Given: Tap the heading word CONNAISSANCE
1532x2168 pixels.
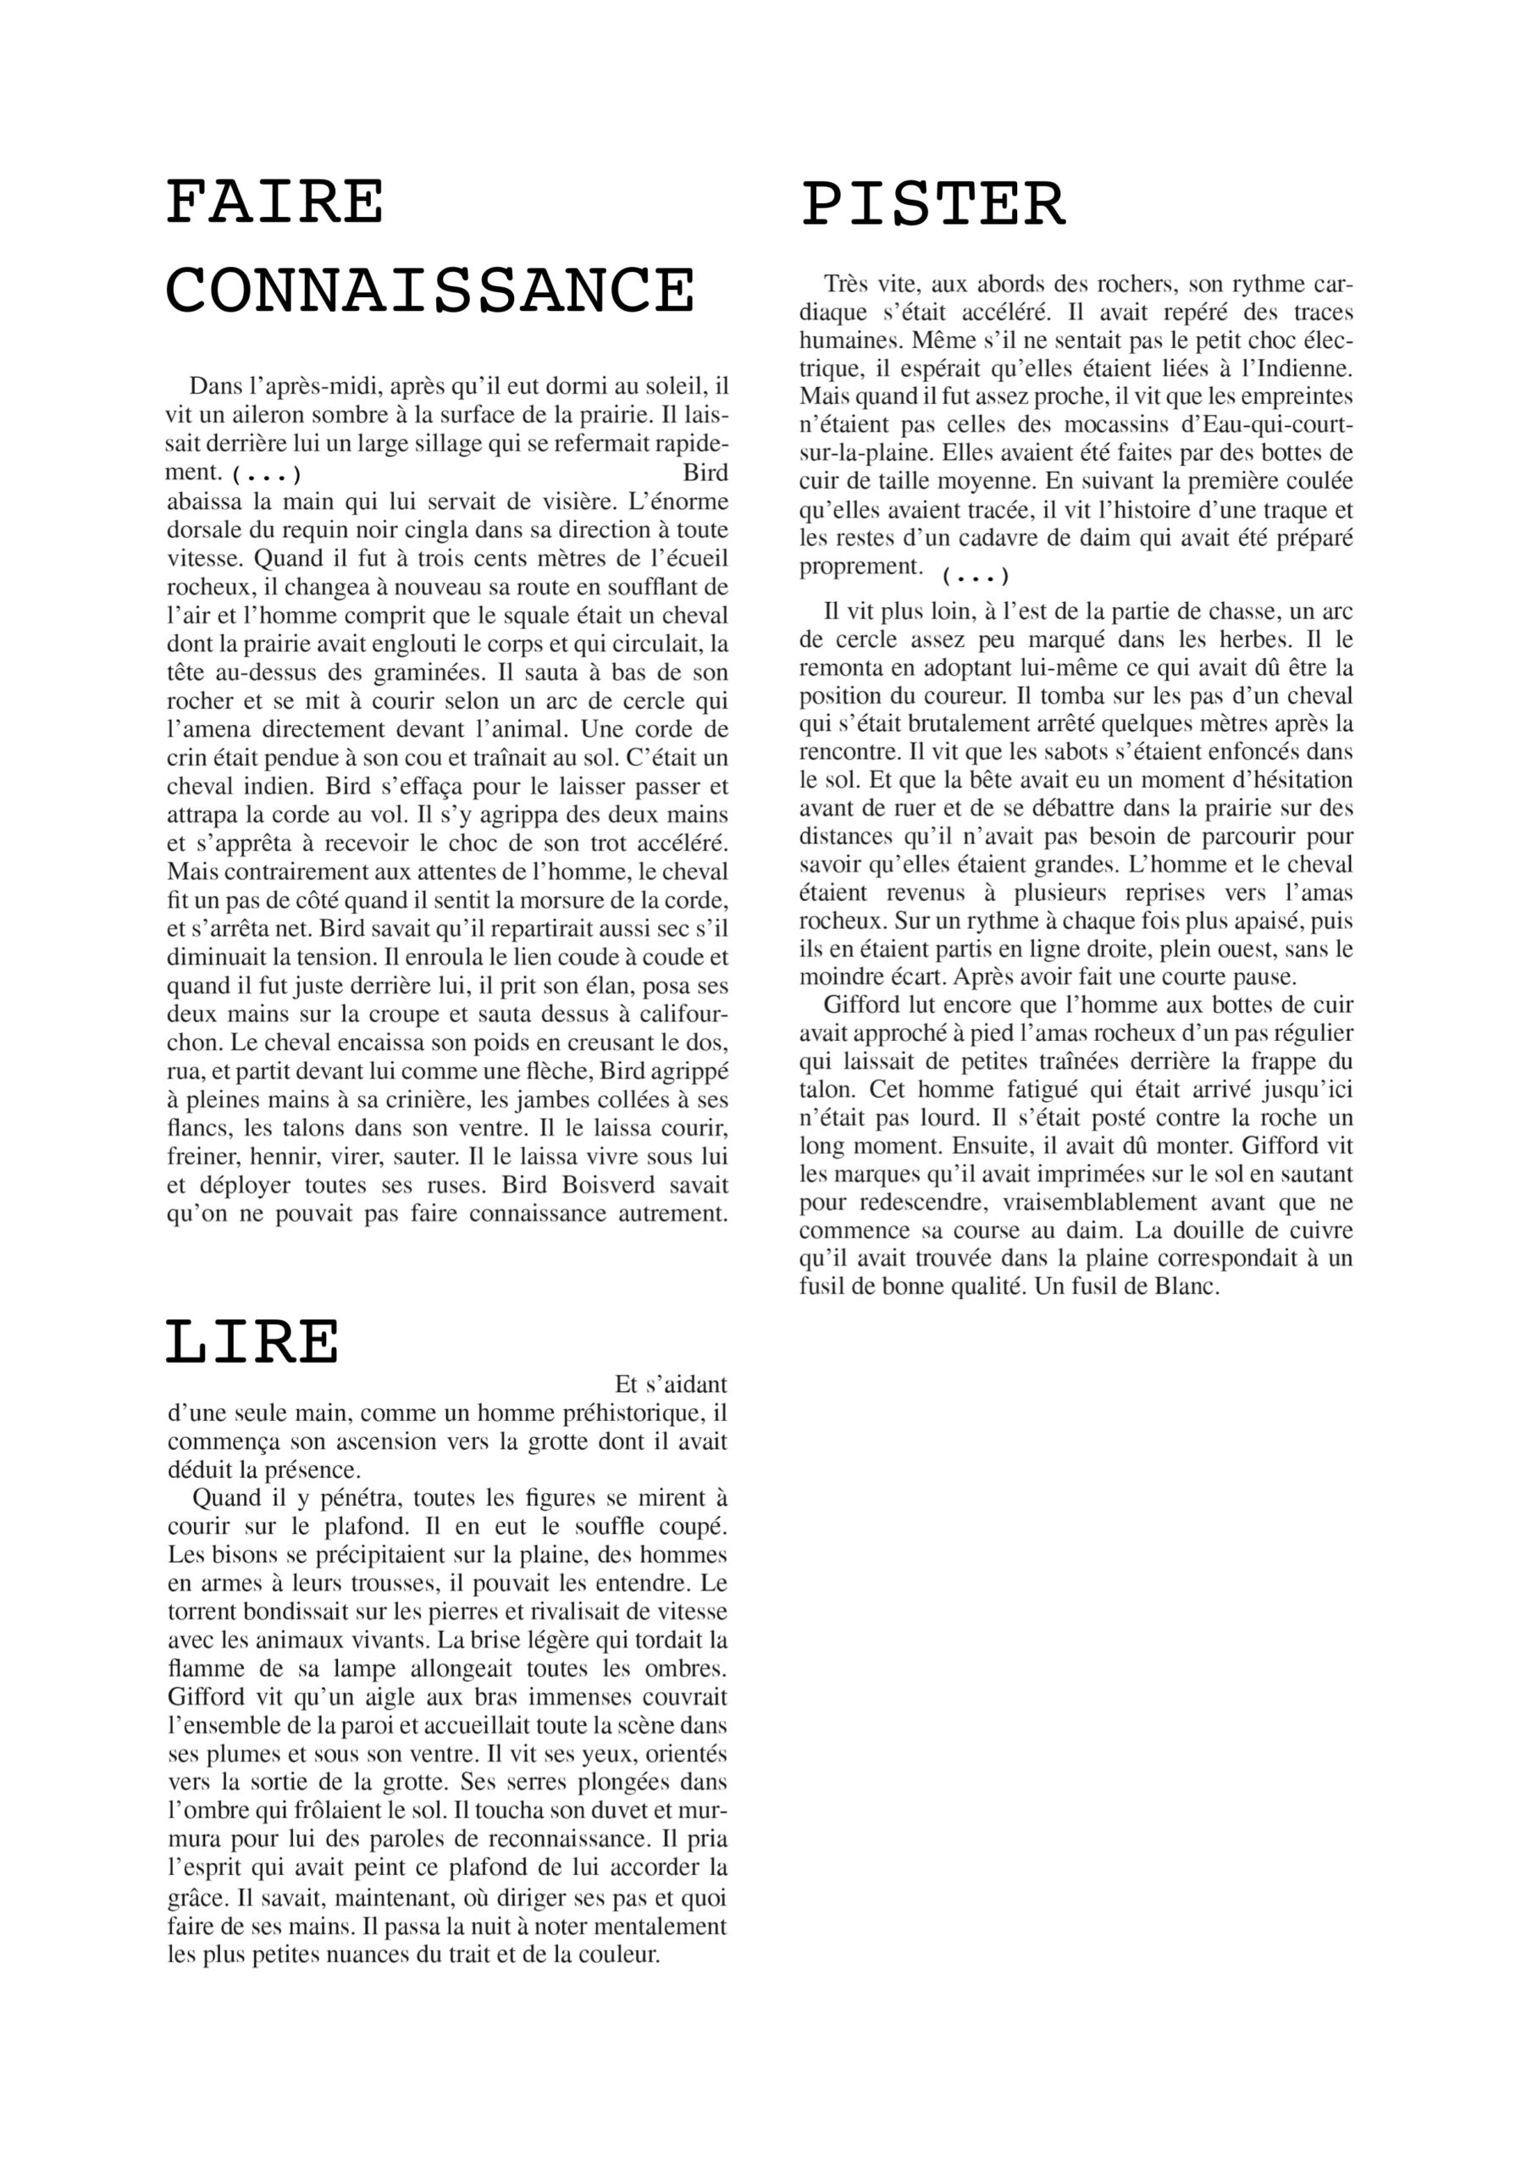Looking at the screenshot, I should [x=429, y=290].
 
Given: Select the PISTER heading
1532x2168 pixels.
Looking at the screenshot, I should [x=933, y=205].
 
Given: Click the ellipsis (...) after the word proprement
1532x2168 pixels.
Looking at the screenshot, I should [x=976, y=576].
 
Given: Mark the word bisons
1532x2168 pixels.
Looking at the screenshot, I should [x=233, y=1554].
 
